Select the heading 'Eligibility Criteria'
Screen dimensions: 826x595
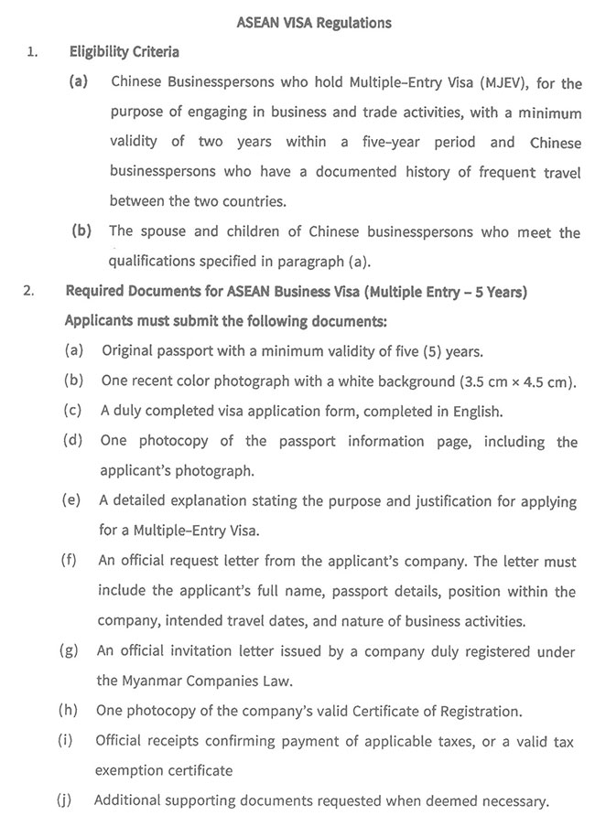(123, 52)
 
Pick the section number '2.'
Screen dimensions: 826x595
(30, 293)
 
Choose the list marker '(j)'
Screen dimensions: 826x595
(64, 800)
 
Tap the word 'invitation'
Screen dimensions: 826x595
(194, 652)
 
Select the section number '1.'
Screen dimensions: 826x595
(32, 52)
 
